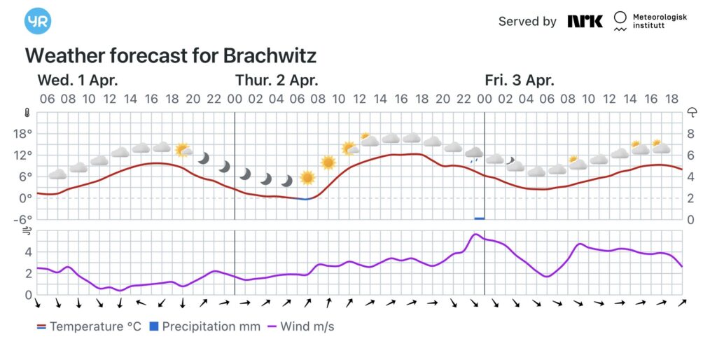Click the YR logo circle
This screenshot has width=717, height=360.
click(38, 21)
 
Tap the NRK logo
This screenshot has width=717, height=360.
click(585, 21)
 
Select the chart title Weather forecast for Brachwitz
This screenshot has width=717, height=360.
click(171, 56)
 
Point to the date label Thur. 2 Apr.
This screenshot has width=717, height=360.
click(276, 80)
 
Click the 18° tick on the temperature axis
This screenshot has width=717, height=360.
click(25, 133)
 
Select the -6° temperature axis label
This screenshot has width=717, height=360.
click(25, 219)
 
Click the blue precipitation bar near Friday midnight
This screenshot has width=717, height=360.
click(479, 218)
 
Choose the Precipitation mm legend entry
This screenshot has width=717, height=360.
click(204, 326)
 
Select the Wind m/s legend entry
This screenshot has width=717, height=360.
click(300, 326)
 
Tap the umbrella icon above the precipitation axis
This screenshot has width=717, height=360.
click(692, 112)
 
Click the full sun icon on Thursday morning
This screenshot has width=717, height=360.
click(328, 162)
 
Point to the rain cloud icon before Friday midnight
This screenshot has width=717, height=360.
click(474, 153)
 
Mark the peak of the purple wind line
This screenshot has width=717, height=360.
click(475, 235)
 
